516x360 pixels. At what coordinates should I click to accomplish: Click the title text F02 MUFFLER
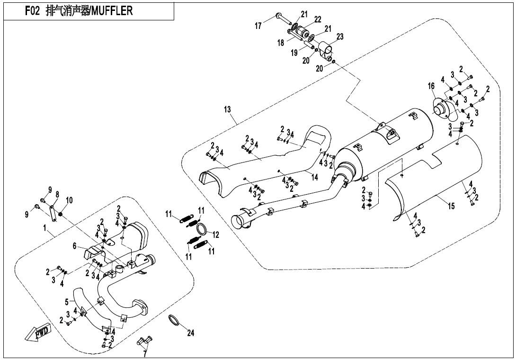click(79, 11)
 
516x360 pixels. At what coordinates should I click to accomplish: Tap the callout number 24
click(190, 333)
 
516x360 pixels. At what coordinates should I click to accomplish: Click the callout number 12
click(216, 234)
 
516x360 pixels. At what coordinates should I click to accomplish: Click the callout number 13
click(228, 109)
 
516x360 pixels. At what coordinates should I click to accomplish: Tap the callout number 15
click(451, 207)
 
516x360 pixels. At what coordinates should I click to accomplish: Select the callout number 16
click(431, 86)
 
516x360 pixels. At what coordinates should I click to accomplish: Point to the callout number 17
click(258, 26)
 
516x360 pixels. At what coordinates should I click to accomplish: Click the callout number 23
click(340, 36)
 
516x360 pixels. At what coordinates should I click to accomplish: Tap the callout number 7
click(145, 353)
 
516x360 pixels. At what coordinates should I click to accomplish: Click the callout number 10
click(69, 199)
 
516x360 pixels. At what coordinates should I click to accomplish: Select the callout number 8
click(57, 194)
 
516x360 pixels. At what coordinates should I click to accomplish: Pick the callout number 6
click(74, 245)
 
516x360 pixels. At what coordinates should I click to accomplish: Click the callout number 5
click(67, 301)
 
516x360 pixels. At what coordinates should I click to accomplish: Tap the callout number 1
click(45, 228)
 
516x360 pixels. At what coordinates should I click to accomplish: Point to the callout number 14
click(314, 176)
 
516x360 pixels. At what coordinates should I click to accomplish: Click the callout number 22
click(318, 19)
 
